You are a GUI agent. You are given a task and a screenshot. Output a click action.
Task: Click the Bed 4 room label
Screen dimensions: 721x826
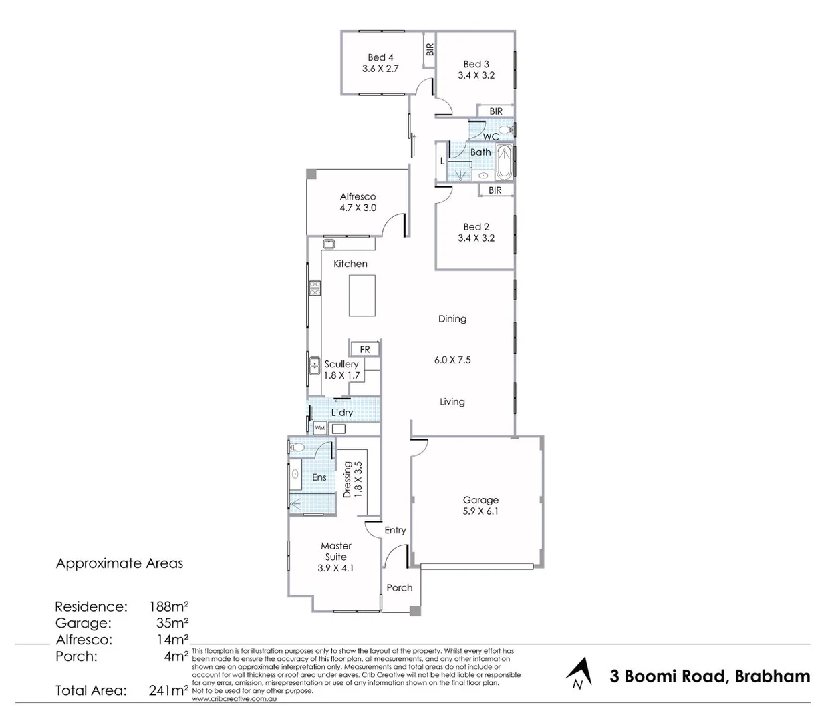(x=380, y=57)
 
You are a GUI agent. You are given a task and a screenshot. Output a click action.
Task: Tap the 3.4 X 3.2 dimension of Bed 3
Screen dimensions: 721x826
(x=476, y=75)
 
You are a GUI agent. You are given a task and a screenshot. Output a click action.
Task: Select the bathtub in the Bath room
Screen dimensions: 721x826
(x=504, y=162)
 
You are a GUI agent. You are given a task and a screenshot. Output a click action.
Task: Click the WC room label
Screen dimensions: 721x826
(x=491, y=136)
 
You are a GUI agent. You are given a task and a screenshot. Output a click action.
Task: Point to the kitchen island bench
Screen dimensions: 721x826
(x=362, y=296)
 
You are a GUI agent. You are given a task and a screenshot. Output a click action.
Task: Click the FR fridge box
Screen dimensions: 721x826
(x=365, y=349)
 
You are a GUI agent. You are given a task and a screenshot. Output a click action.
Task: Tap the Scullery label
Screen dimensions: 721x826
(x=341, y=364)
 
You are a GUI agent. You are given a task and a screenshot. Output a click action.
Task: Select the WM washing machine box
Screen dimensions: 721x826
(x=320, y=427)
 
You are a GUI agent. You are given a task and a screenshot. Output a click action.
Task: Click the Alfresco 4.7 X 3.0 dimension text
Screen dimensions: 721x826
(x=358, y=208)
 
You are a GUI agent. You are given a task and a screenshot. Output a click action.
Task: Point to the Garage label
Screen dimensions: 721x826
(x=480, y=499)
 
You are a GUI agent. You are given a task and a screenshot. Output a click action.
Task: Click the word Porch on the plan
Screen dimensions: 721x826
(x=400, y=587)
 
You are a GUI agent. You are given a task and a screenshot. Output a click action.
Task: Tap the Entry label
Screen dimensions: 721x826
(x=395, y=530)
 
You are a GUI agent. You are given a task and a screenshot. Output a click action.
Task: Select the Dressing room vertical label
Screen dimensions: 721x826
(x=348, y=479)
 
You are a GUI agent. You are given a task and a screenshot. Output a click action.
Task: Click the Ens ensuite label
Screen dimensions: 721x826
(x=319, y=477)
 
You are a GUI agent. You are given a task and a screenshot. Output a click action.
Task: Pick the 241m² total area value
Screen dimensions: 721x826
(x=168, y=690)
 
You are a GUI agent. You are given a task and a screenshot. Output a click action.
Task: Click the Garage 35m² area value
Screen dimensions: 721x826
(x=168, y=623)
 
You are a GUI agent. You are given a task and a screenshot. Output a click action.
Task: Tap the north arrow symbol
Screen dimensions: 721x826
(x=579, y=673)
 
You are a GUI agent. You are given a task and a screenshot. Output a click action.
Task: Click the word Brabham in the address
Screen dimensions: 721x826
(x=772, y=676)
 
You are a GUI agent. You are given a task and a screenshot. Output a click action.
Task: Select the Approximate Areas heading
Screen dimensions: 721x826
(x=119, y=563)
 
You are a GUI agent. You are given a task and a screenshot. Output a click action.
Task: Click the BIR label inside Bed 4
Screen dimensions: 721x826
(x=430, y=49)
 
